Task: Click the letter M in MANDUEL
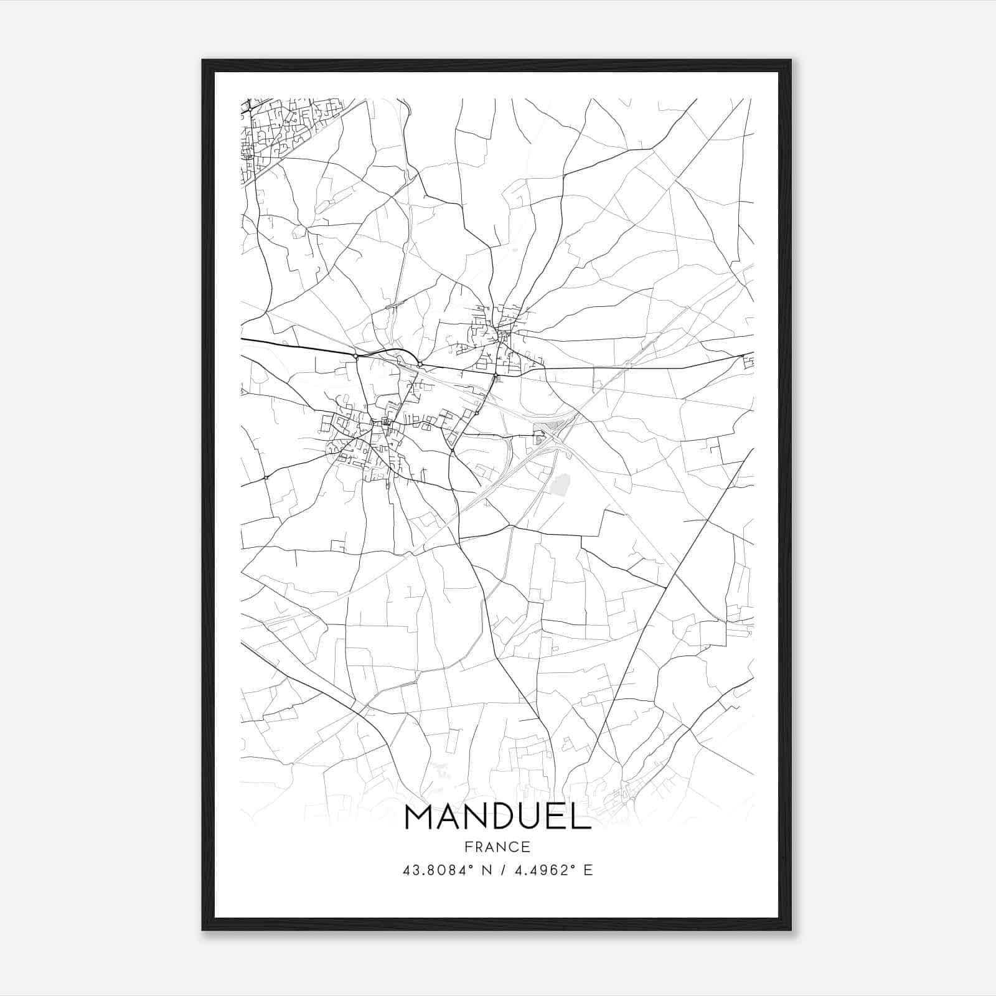click(x=420, y=817)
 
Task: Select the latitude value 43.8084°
click(x=435, y=870)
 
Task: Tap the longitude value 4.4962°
click(x=542, y=870)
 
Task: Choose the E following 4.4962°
click(x=588, y=870)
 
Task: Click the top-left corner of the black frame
click(x=203, y=61)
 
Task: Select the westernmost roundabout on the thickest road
click(x=355, y=357)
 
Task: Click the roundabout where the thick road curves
click(x=421, y=364)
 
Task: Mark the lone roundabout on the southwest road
click(x=266, y=477)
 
